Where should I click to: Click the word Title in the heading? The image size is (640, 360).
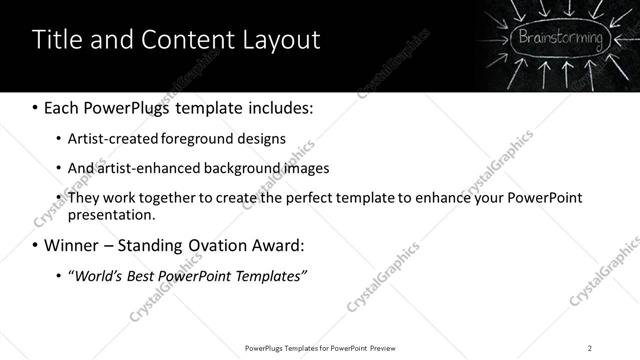click(x=57, y=40)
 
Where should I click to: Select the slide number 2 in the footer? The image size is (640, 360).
click(x=590, y=347)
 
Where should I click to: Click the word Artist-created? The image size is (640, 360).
click(x=108, y=139)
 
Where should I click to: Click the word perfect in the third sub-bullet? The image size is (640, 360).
click(x=318, y=197)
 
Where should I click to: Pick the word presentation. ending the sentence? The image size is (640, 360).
click(x=111, y=215)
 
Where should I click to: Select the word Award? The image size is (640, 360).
click(x=281, y=245)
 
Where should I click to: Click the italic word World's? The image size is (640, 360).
click(x=96, y=275)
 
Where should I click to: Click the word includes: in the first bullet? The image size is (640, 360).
click(x=282, y=107)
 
